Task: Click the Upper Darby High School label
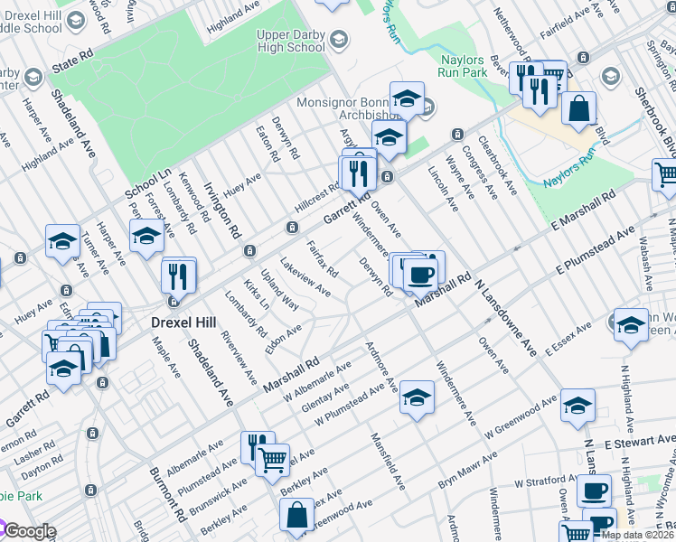[290, 41]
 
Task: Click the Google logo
[29, 531]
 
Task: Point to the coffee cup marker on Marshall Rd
[419, 274]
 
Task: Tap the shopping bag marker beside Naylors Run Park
[578, 109]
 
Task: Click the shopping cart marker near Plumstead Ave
[272, 460]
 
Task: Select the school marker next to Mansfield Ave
[416, 397]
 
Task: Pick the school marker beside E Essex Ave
[630, 326]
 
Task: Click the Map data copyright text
[638, 535]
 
